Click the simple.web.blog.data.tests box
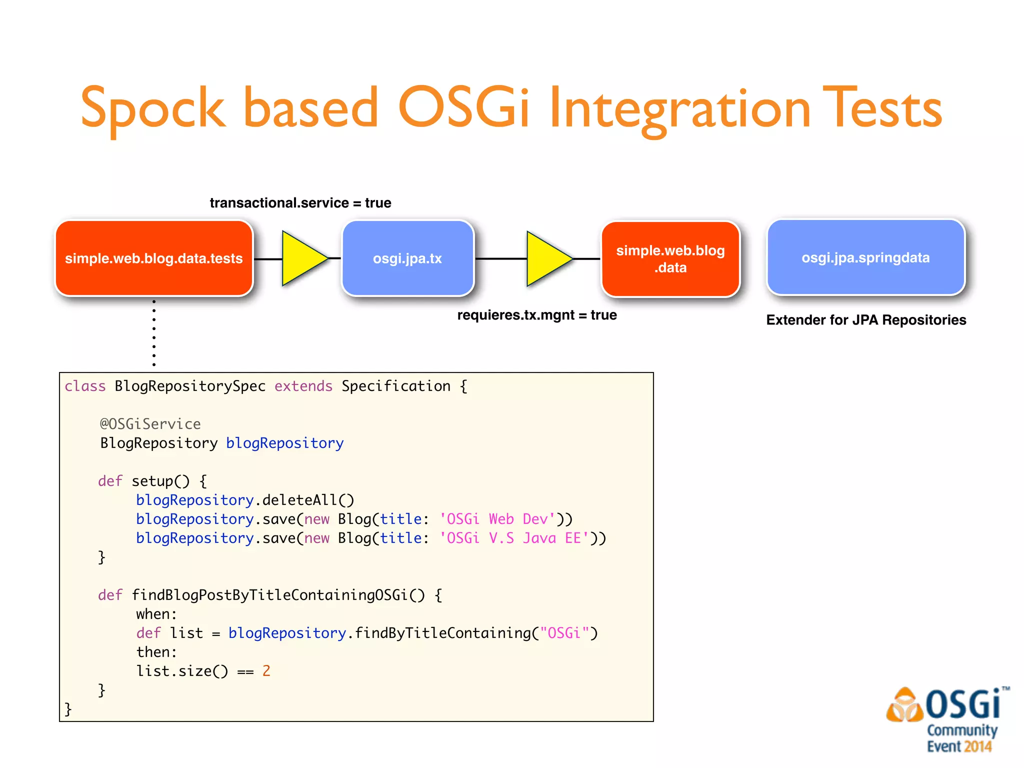click(x=154, y=258)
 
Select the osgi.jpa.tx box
click(x=407, y=258)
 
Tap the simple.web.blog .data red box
click(x=670, y=259)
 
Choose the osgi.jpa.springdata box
click(x=865, y=257)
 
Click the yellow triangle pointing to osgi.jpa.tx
click(x=302, y=258)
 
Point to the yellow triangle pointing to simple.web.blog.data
click(x=546, y=258)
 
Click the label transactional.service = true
click(x=300, y=203)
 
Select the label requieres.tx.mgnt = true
click(x=536, y=315)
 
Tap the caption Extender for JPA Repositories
click(x=866, y=320)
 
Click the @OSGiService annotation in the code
click(x=150, y=424)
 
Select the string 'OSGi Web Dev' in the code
click(x=497, y=519)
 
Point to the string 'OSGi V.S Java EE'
click(x=514, y=538)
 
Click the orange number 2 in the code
click(x=266, y=671)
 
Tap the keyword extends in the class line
click(x=303, y=386)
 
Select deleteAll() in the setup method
click(x=308, y=500)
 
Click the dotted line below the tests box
click(x=154, y=333)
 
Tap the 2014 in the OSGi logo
click(x=977, y=746)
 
